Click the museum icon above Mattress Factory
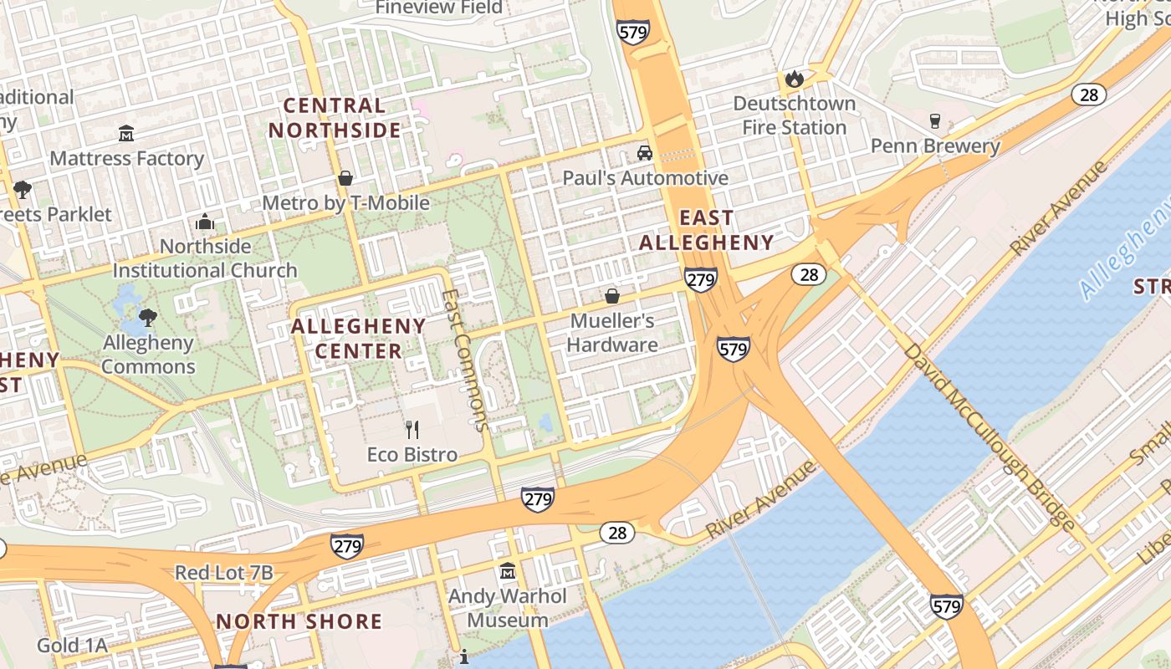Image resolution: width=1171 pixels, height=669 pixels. [x=126, y=133]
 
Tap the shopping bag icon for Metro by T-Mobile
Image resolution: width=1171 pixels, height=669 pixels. [x=345, y=178]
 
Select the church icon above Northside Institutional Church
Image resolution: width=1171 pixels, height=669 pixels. [x=205, y=222]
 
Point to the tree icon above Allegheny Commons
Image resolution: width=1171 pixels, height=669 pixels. [x=148, y=317]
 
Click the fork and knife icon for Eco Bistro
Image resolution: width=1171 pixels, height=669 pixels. [x=412, y=430]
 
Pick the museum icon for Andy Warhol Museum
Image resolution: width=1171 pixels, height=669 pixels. [x=507, y=572]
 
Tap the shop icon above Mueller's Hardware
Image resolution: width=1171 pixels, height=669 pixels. [x=612, y=296]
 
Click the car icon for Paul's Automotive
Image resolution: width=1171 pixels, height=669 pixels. [x=644, y=153]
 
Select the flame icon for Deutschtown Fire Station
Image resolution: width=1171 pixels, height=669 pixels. [x=794, y=79]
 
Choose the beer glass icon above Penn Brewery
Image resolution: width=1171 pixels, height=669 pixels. [x=935, y=121]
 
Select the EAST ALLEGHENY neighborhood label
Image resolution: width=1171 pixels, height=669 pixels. [x=707, y=230]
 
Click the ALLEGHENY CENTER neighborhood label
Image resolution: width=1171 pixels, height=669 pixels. [x=359, y=338]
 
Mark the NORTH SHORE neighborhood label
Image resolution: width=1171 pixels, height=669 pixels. [x=299, y=621]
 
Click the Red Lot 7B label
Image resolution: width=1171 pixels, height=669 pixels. [x=223, y=573]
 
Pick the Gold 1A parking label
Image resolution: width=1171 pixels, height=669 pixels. [x=72, y=646]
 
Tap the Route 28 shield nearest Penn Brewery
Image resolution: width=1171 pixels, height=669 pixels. [x=1088, y=94]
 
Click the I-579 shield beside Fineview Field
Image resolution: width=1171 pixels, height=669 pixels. [x=633, y=33]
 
